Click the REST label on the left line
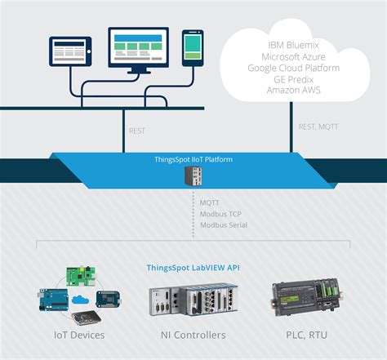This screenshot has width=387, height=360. click(x=140, y=130)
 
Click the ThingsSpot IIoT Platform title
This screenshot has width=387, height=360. click(x=193, y=159)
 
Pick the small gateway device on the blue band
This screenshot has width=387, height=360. click(x=193, y=176)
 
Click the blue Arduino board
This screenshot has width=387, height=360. click(x=52, y=303)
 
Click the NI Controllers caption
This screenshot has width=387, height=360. click(x=193, y=335)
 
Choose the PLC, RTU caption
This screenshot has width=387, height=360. click(x=309, y=335)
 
